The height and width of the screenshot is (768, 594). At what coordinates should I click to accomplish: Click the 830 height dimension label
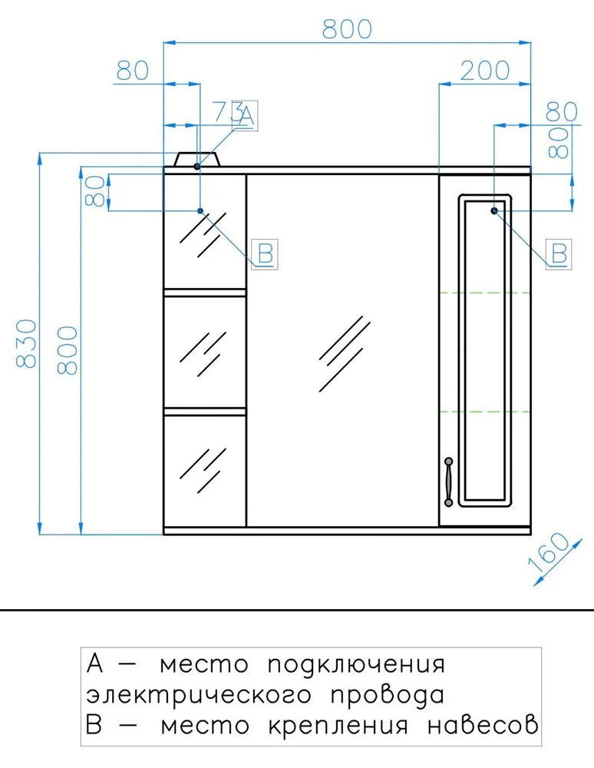(26, 343)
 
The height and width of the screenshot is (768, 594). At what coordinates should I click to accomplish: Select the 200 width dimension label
(485, 71)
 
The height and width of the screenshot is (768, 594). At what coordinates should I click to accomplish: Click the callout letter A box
(245, 116)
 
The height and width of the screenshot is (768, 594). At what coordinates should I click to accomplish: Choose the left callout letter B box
(265, 253)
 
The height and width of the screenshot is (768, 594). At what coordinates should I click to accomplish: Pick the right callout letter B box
(559, 253)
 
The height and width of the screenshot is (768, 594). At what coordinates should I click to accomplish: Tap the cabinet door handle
(448, 482)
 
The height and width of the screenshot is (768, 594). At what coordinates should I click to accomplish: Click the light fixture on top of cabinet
(198, 160)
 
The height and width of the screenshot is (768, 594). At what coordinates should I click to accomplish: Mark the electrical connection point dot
(197, 167)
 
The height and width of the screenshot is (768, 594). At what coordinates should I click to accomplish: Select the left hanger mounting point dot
(200, 210)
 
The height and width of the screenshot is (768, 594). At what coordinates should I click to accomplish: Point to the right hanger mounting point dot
(494, 210)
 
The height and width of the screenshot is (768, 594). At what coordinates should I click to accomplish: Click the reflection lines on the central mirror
(345, 353)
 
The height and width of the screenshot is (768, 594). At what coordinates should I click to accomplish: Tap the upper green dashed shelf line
(485, 293)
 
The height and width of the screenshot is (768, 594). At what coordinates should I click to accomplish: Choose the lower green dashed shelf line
(485, 412)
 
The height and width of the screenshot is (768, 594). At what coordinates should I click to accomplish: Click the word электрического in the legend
(199, 695)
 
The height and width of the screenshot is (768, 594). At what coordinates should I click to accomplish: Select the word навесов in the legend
(483, 724)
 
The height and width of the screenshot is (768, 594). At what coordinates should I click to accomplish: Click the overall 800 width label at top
(347, 29)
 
